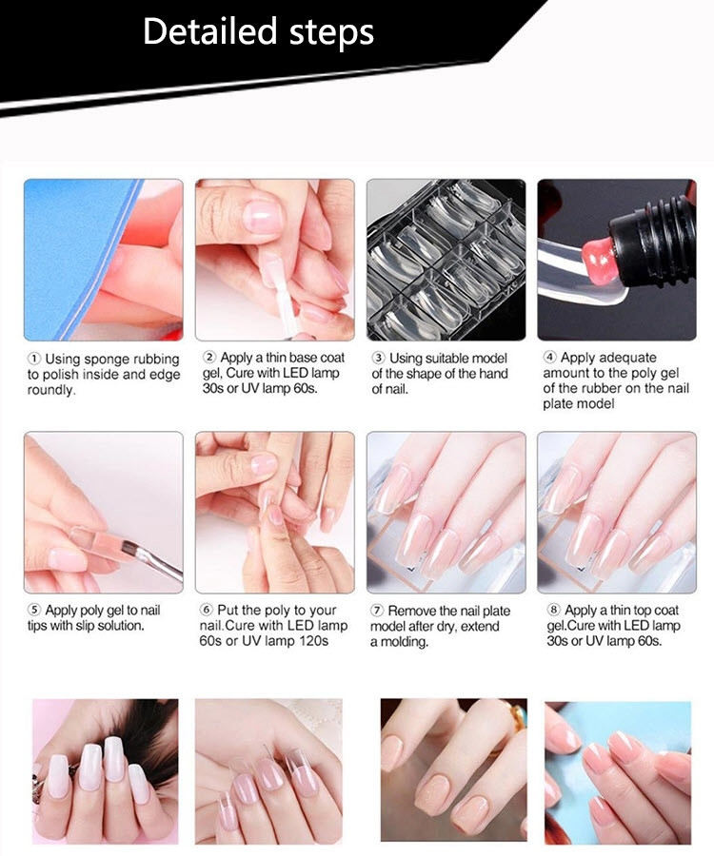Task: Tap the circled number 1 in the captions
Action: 33,360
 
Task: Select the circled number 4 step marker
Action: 549,358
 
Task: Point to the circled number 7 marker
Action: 378,611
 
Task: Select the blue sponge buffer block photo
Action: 103,260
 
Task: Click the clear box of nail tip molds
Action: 446,260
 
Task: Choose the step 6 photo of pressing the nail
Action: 274,512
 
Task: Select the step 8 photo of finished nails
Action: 616,512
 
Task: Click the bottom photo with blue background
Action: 618,772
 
